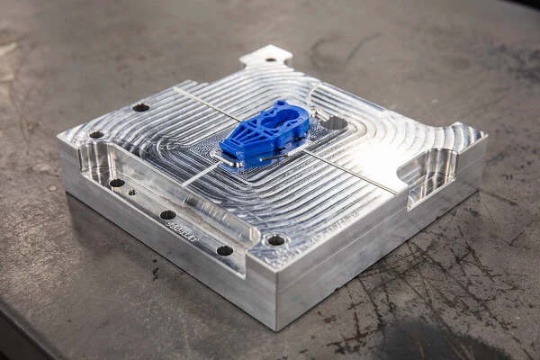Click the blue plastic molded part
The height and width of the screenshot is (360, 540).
263,135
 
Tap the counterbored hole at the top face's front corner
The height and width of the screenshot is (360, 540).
275,240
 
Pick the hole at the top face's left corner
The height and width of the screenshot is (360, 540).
96,135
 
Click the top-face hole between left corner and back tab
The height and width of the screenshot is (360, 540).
140,107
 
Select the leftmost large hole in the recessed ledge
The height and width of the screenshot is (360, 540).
117,183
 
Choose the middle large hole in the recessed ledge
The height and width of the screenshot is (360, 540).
167,215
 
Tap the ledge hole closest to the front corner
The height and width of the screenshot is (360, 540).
224,250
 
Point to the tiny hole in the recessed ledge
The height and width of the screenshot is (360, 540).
132,192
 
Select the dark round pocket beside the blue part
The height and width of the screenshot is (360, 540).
335,122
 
